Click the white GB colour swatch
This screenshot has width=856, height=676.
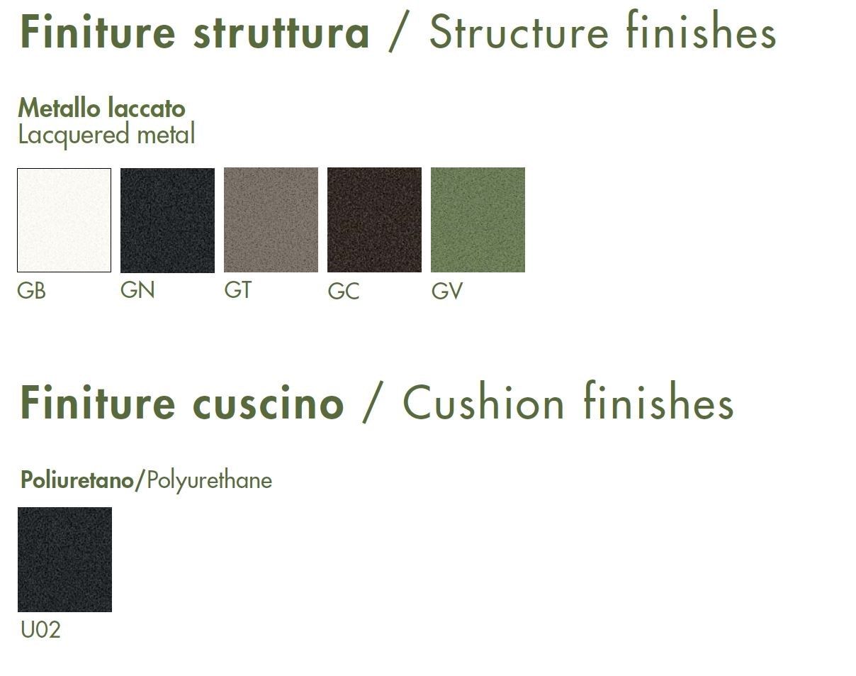click(x=64, y=220)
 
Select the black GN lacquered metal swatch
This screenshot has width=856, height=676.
click(x=167, y=220)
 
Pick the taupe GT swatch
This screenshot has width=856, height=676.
click(x=271, y=220)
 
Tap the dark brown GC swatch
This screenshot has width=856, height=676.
click(x=374, y=220)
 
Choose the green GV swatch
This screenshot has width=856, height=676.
click(x=478, y=220)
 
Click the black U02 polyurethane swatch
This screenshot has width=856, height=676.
click(x=64, y=560)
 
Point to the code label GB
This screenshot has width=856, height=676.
click(x=31, y=291)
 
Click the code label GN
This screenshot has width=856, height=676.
click(x=137, y=290)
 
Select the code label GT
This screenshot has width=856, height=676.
click(x=237, y=290)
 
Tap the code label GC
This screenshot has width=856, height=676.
click(x=343, y=291)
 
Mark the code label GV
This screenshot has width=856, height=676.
click(x=447, y=291)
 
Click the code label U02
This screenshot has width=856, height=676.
click(x=40, y=630)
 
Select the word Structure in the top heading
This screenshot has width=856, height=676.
click(x=519, y=32)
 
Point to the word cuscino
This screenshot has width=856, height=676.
click(x=269, y=403)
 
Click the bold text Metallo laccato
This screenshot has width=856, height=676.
click(x=102, y=109)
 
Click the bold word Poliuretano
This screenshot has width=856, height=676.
click(x=77, y=480)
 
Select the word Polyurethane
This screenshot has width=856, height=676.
click(x=210, y=481)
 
